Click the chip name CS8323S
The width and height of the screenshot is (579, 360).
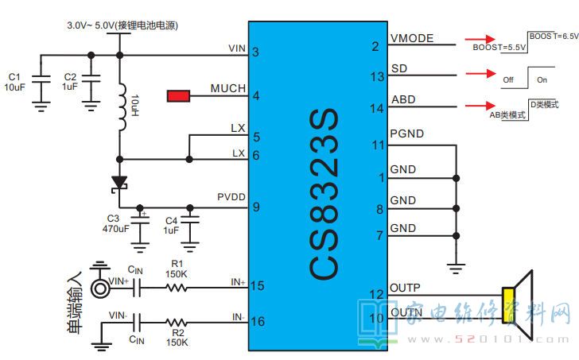(x=323, y=195)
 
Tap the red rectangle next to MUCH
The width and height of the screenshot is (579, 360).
(x=178, y=96)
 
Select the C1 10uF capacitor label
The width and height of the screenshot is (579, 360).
(x=15, y=82)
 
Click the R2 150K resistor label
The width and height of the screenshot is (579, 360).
(x=177, y=338)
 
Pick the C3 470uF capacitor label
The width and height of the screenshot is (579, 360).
(x=117, y=224)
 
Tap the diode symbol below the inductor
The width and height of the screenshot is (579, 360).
(x=120, y=183)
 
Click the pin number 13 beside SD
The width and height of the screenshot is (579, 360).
(x=377, y=76)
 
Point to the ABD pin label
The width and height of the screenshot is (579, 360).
(x=402, y=100)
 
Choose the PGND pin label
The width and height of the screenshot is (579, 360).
(x=407, y=134)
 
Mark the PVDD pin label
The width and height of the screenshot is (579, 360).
(x=231, y=196)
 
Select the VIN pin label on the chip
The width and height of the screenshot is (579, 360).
(x=236, y=48)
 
